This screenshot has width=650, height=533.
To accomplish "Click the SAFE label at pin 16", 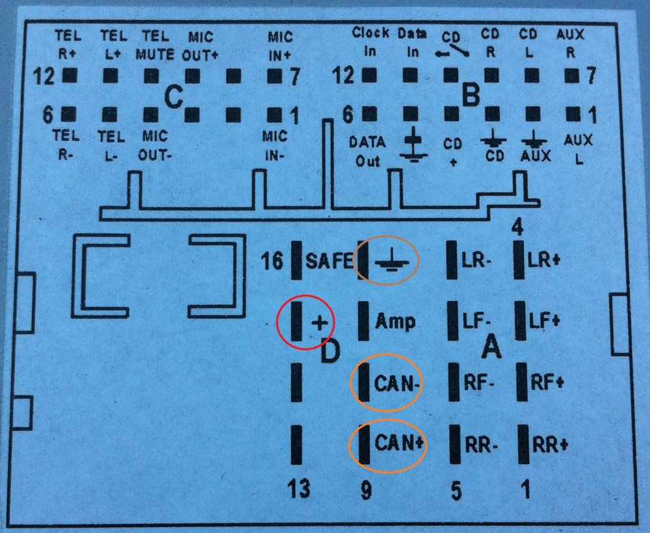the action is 330,261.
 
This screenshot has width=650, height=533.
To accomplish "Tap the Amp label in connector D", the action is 395,322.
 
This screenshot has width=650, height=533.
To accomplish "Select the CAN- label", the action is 398,383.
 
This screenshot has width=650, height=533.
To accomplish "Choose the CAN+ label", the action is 399,443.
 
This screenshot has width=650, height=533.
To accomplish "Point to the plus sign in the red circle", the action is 320,322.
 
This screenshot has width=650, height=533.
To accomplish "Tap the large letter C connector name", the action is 174,97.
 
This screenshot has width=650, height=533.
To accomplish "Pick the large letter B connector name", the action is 471,94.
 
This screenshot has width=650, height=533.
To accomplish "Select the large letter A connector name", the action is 491,346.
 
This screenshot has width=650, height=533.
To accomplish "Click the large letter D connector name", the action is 330,350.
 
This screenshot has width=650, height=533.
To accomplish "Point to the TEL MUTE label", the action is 155,45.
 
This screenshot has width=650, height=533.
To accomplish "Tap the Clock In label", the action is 370,42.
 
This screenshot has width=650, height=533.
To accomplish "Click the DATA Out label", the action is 367,151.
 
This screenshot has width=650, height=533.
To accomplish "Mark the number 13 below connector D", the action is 299,487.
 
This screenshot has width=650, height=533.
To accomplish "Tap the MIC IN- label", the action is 274,146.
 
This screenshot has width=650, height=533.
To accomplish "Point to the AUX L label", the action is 578,149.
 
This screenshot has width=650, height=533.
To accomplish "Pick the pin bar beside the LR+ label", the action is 519,260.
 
